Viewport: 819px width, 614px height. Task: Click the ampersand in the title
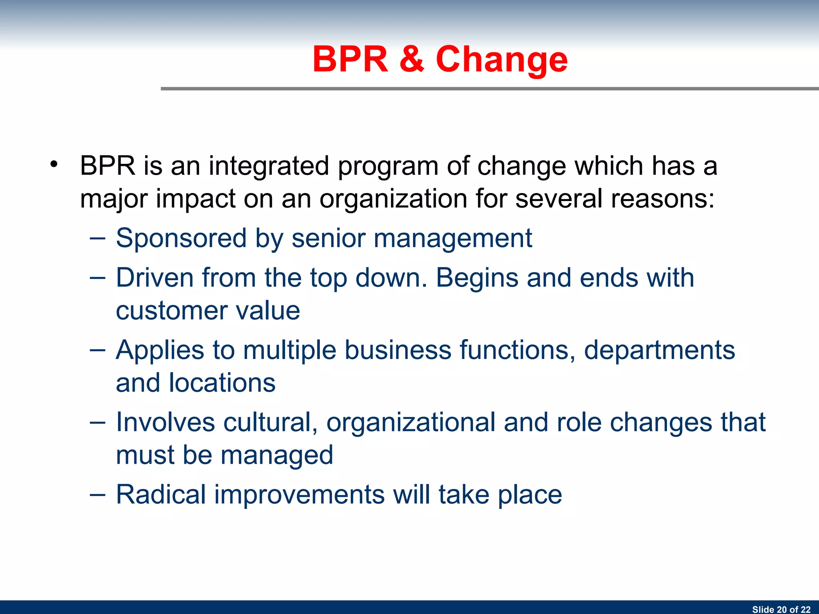coord(411,59)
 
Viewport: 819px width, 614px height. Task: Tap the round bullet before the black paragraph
coord(54,164)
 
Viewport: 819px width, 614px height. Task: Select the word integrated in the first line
coord(269,166)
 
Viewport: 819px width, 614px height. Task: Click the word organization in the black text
coord(393,199)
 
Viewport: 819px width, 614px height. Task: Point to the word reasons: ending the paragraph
coord(615,199)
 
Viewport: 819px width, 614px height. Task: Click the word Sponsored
coord(181,238)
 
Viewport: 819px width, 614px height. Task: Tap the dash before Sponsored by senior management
coord(98,239)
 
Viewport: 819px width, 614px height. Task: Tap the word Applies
coord(160,351)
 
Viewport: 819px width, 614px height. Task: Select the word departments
coord(659,351)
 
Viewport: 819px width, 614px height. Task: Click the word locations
coord(222,383)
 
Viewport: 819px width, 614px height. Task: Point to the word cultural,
coord(270,422)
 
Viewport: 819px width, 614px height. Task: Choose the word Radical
coord(161,494)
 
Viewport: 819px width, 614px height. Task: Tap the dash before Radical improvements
coord(98,495)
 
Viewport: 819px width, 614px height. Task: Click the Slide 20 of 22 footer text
coord(781,609)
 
